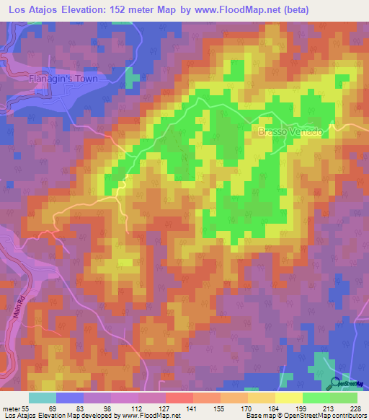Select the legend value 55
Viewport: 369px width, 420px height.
pyautogui.click(x=29, y=408)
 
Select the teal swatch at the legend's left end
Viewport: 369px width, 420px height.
pyautogui.click(x=43, y=398)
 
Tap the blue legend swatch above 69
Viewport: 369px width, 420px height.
pyautogui.click(x=70, y=398)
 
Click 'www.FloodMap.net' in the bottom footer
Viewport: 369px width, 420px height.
pyautogui.click(x=149, y=416)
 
